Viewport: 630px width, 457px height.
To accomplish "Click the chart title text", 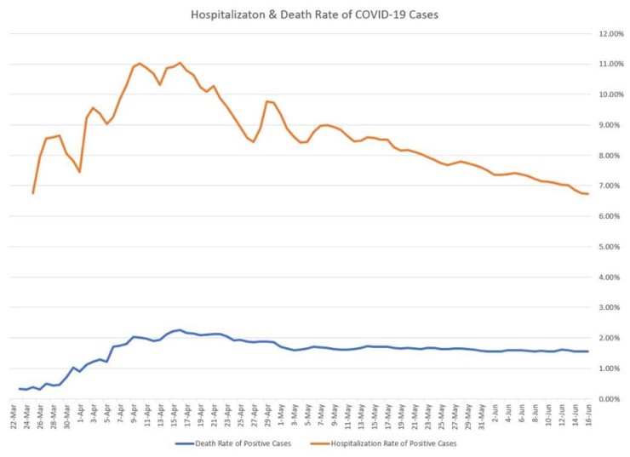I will click(x=314, y=14).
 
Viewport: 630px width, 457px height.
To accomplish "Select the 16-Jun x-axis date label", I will click(x=587, y=417).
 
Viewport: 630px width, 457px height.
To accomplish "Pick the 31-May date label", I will click(x=482, y=417).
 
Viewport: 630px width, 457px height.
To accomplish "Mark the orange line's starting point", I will click(x=33, y=193).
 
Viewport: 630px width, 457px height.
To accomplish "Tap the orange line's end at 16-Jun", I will click(x=587, y=194).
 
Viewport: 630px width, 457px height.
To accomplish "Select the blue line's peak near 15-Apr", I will click(x=180, y=329).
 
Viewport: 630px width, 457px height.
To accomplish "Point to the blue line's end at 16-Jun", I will click(x=587, y=351).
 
